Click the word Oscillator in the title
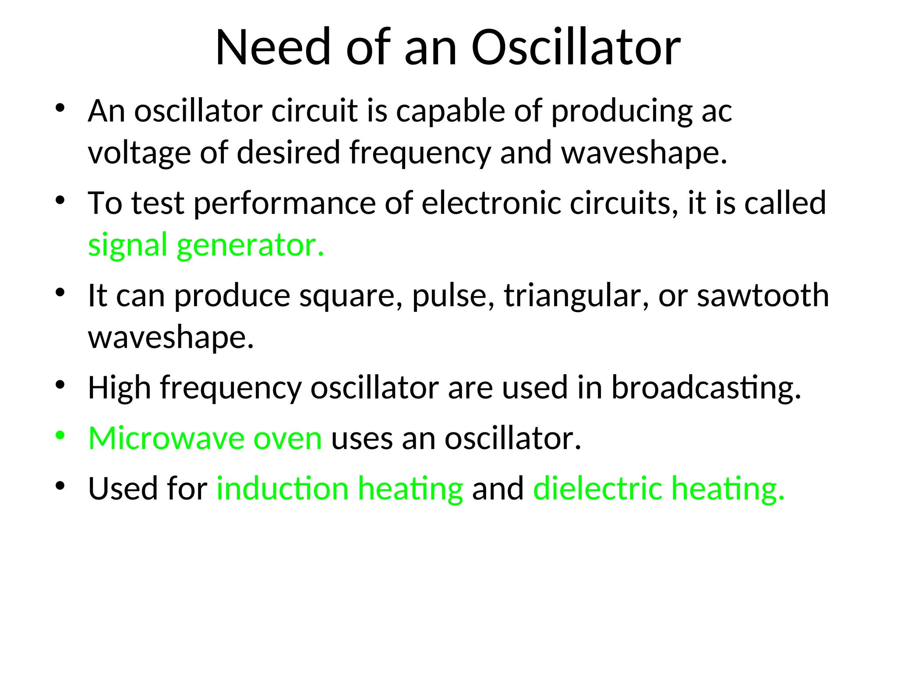click(x=576, y=47)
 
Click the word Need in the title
click(x=273, y=47)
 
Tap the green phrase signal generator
click(x=206, y=244)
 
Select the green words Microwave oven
click(x=205, y=438)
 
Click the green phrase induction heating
click(x=339, y=488)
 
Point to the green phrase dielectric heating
click(x=659, y=488)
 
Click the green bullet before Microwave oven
click(x=60, y=436)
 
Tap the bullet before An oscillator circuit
click(x=60, y=108)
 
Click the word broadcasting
click(x=706, y=388)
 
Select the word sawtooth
click(x=763, y=295)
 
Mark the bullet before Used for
click(x=60, y=485)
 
